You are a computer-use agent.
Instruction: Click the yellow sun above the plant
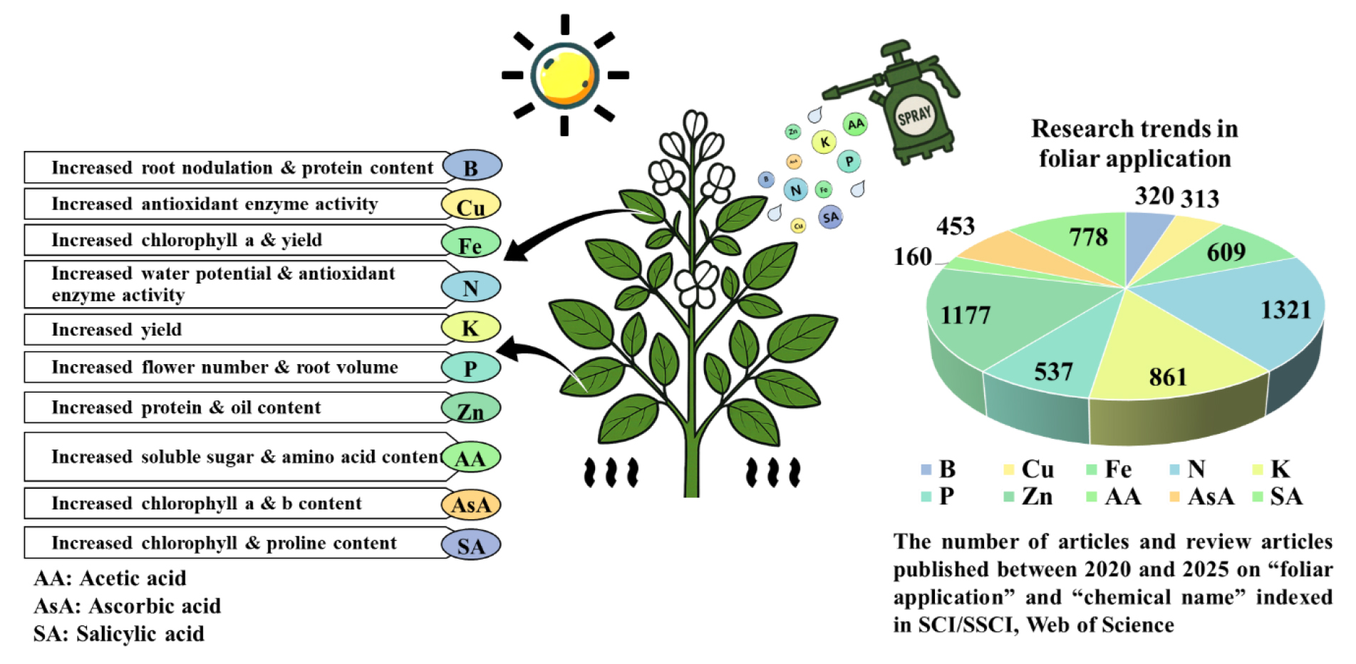click(x=564, y=75)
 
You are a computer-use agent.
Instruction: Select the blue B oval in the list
click(x=472, y=166)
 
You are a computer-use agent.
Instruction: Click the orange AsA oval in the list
click(x=471, y=504)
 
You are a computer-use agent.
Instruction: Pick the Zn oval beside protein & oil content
click(x=470, y=409)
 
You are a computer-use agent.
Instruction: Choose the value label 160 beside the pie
click(x=913, y=256)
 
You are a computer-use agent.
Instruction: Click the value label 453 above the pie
click(x=955, y=226)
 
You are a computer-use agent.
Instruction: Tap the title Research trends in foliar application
click(x=1134, y=143)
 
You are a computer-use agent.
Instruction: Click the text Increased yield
click(x=117, y=330)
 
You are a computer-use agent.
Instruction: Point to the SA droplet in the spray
click(x=830, y=217)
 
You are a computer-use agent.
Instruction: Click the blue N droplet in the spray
click(x=796, y=190)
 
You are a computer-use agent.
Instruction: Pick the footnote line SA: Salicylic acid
click(x=119, y=633)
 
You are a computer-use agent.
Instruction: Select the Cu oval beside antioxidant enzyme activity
click(x=470, y=205)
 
